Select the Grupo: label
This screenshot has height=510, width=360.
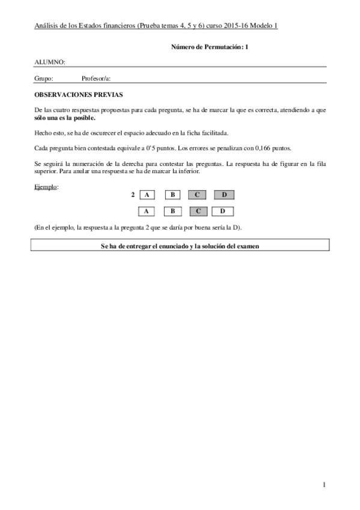[44, 78]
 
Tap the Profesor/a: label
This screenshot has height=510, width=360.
[96, 78]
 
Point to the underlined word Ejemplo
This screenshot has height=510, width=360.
[46, 187]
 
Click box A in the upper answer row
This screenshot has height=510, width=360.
[147, 195]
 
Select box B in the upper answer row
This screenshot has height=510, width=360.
[172, 195]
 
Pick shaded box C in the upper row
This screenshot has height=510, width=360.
[197, 195]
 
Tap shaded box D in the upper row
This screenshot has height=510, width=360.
[223, 195]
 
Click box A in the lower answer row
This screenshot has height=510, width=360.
[147, 211]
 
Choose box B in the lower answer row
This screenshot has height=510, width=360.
[172, 211]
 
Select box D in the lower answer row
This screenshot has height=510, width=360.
[223, 211]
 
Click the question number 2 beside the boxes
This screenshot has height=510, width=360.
[132, 195]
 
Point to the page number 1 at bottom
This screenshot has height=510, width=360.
[324, 485]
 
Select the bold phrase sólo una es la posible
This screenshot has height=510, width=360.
[65, 118]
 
